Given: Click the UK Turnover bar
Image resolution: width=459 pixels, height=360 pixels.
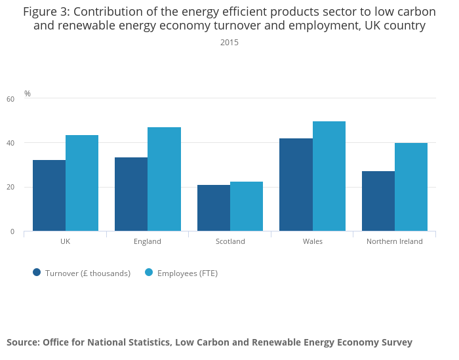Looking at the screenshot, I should (49, 195).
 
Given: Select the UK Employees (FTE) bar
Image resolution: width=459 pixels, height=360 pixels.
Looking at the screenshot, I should (82, 183).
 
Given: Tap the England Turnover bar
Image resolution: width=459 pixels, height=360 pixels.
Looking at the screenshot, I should (131, 194).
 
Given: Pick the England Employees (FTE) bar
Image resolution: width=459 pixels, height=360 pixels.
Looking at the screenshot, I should (164, 179).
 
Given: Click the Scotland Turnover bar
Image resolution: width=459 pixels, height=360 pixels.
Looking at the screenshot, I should (214, 208).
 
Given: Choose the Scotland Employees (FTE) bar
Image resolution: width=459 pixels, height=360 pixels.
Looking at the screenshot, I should (247, 207).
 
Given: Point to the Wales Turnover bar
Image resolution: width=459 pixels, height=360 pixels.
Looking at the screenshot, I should (296, 185).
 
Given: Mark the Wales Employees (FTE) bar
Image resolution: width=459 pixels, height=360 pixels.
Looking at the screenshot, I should (329, 176).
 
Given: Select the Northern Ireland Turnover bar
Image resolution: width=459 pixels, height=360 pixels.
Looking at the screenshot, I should (378, 201).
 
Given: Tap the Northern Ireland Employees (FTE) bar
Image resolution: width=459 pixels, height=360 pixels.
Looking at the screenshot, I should (411, 187).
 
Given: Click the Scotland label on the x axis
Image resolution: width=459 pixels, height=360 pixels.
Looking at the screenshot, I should (230, 241).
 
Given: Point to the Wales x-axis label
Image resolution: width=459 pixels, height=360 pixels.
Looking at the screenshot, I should (312, 241).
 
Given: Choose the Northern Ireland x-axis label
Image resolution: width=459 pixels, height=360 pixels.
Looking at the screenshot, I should (395, 241).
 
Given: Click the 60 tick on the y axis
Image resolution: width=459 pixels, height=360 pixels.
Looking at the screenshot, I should (10, 99).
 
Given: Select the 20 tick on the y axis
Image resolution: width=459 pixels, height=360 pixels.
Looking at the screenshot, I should (10, 188).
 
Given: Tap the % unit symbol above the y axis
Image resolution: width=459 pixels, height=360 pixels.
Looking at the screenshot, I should (28, 94).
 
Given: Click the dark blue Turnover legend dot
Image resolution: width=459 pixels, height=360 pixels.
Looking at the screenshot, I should (37, 273).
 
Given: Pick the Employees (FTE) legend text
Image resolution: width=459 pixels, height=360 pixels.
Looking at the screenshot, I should (188, 273).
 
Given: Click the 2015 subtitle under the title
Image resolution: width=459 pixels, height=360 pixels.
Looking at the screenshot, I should (229, 43).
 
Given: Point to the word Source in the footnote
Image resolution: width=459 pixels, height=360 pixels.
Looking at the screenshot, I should (22, 342).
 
